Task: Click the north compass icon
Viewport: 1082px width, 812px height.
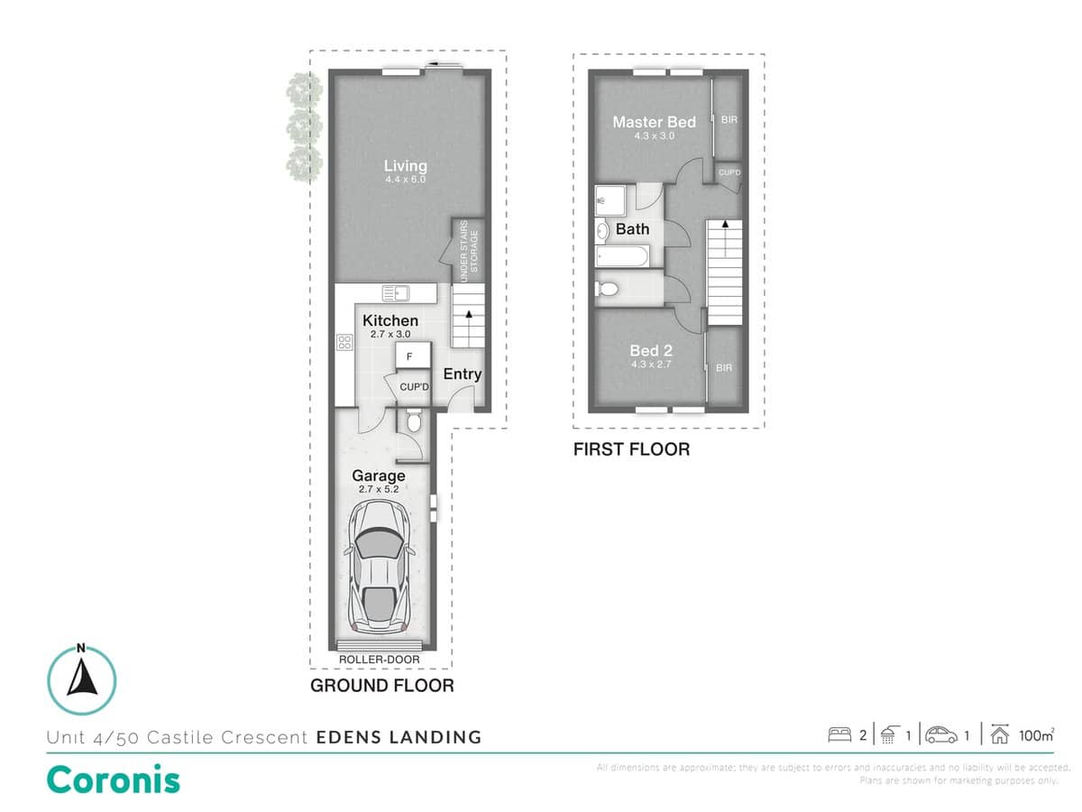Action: point(81,680)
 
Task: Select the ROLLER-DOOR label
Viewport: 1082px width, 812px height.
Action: point(380,660)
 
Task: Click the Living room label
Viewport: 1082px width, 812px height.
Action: point(405,166)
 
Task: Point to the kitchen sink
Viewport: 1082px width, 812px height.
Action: point(396,292)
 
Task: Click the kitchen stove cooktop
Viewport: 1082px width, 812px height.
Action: point(344,342)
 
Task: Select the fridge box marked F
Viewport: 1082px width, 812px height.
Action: point(409,357)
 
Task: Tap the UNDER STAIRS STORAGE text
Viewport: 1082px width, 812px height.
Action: point(470,254)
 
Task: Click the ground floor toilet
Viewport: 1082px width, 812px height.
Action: point(413,421)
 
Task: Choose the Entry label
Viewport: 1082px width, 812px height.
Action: point(462,374)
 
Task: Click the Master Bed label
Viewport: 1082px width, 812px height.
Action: point(654,122)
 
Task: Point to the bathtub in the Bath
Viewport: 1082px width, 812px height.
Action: point(621,257)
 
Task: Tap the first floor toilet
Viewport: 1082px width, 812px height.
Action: point(607,290)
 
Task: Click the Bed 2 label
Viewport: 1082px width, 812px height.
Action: point(650,350)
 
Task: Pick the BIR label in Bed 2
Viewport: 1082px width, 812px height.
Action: point(724,368)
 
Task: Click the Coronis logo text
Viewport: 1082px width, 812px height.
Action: point(113,780)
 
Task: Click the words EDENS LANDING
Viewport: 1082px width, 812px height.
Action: point(399,737)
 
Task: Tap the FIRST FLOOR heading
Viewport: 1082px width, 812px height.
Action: point(631,449)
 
